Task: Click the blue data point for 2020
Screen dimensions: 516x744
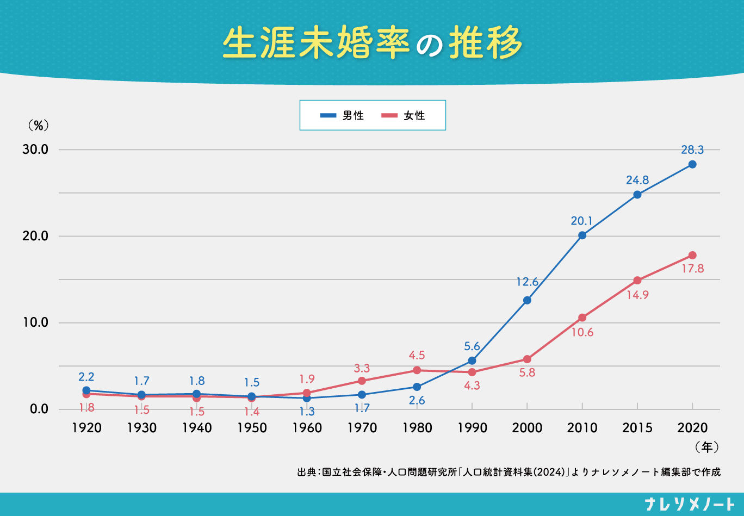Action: coord(692,164)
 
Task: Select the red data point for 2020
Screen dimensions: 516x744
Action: coord(692,255)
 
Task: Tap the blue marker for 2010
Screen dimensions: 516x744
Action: coord(582,235)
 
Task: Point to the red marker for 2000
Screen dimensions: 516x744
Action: coord(527,359)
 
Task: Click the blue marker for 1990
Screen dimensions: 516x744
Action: coord(472,360)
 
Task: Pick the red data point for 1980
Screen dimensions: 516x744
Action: coord(417,370)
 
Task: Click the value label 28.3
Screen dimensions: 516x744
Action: coord(692,150)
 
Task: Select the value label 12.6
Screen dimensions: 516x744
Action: coord(527,282)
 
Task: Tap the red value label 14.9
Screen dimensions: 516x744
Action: coord(637,295)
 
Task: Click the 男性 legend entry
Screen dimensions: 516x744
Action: coord(342,115)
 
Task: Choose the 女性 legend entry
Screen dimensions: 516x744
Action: coord(404,115)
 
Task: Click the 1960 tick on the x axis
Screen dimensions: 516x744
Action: coord(307,428)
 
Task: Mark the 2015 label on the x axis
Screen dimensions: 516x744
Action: coord(637,428)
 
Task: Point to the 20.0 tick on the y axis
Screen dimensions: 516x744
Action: coord(36,236)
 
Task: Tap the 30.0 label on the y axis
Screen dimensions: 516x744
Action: coord(36,150)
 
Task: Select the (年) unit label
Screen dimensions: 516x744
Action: coord(706,447)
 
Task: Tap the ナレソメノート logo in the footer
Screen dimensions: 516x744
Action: coord(689,504)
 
